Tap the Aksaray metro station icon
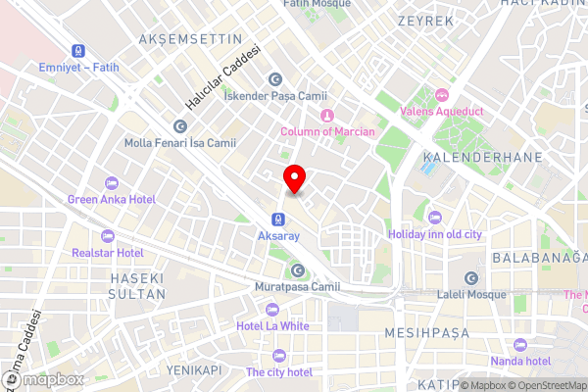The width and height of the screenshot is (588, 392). pos(278,219)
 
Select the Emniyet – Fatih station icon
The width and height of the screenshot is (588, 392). pos(75,50)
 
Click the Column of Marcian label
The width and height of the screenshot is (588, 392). pos(327,132)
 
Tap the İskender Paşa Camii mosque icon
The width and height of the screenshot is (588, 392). pos(275,78)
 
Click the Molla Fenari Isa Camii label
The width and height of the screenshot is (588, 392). pos(180,143)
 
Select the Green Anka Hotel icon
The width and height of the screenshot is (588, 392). pos(111,183)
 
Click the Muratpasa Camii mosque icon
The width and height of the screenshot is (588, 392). pos(297,270)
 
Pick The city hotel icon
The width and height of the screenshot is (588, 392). pos(279,356)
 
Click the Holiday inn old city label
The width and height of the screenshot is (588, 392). pos(436,234)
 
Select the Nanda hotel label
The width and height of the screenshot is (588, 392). pos(524,361)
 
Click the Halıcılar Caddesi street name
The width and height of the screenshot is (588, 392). pos(224,77)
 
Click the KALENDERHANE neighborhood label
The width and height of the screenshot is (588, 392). pos(469,157)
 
